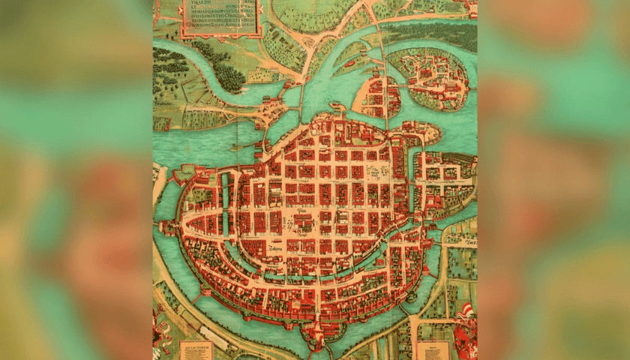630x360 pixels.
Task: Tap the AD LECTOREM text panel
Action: (x=196, y=349)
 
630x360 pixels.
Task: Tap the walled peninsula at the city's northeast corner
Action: (x=427, y=133)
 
